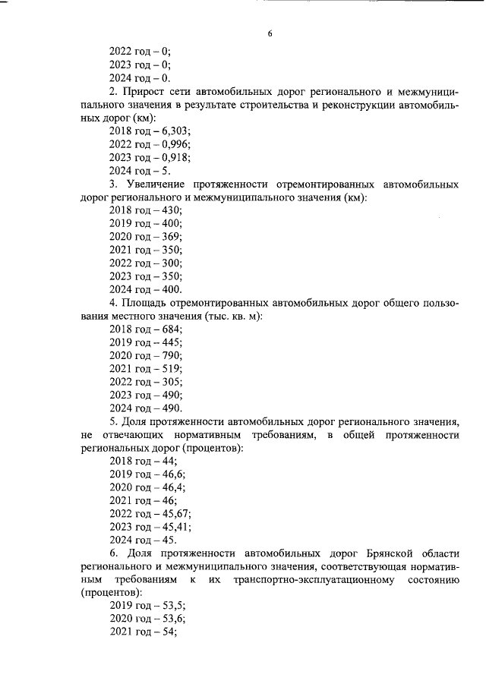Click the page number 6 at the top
pyautogui.click(x=270, y=34)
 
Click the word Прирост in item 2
pyautogui.click(x=147, y=93)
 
